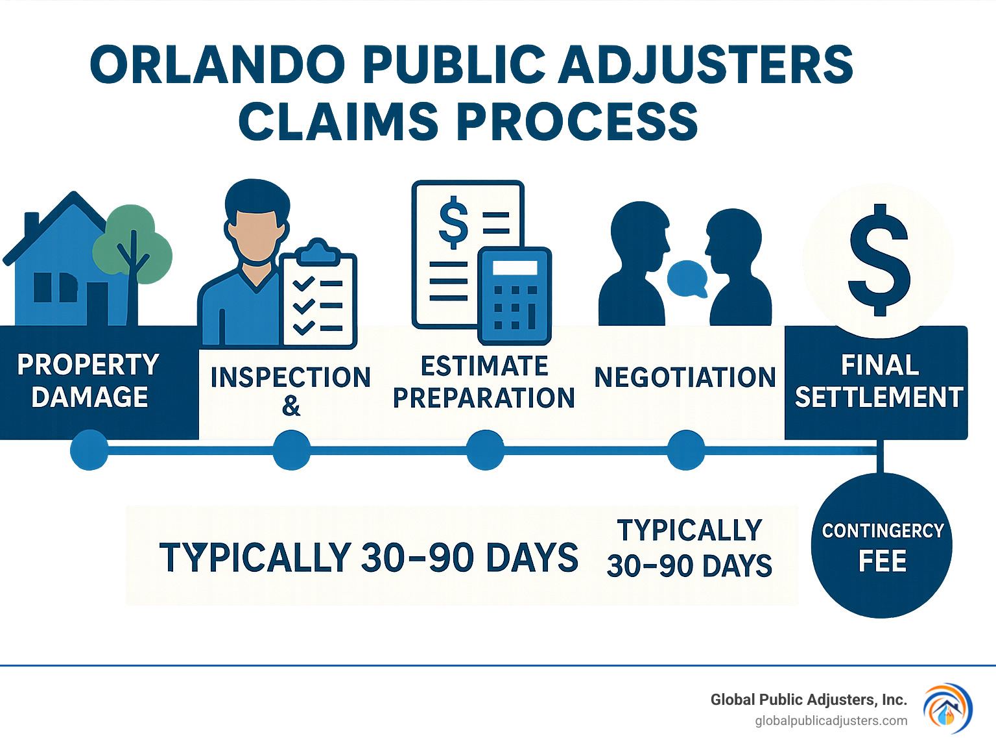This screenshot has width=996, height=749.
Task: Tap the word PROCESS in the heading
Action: [577, 122]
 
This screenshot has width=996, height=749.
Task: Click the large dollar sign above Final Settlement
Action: [879, 260]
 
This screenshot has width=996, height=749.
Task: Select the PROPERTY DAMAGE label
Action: [89, 381]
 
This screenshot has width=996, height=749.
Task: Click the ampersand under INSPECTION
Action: [291, 406]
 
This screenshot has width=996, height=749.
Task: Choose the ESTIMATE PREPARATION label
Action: [484, 382]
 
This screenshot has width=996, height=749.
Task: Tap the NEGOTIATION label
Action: [685, 378]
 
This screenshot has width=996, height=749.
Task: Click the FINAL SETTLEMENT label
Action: [879, 381]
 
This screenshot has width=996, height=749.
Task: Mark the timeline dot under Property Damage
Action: [89, 450]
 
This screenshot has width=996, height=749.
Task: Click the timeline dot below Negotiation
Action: [685, 450]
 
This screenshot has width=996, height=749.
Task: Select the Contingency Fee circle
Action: [881, 545]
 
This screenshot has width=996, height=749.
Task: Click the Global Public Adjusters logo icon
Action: [947, 708]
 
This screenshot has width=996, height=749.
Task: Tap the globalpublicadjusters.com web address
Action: [831, 721]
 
